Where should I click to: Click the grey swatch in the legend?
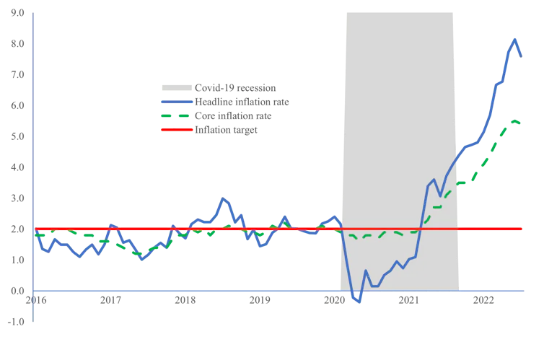[x=175, y=87]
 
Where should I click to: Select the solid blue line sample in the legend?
[x=175, y=103]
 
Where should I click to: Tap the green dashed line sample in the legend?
[x=175, y=115]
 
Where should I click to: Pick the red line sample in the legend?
[x=175, y=130]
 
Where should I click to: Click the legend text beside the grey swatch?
[x=234, y=87]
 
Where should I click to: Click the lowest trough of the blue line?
[x=359, y=302]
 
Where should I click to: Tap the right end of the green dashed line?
[x=522, y=124]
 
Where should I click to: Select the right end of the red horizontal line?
[x=522, y=229]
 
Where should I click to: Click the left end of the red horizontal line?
[x=35, y=229]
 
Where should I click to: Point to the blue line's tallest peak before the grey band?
[x=224, y=198]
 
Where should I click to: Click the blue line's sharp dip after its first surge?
[x=440, y=196]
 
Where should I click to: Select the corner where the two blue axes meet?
[x=35, y=291]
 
